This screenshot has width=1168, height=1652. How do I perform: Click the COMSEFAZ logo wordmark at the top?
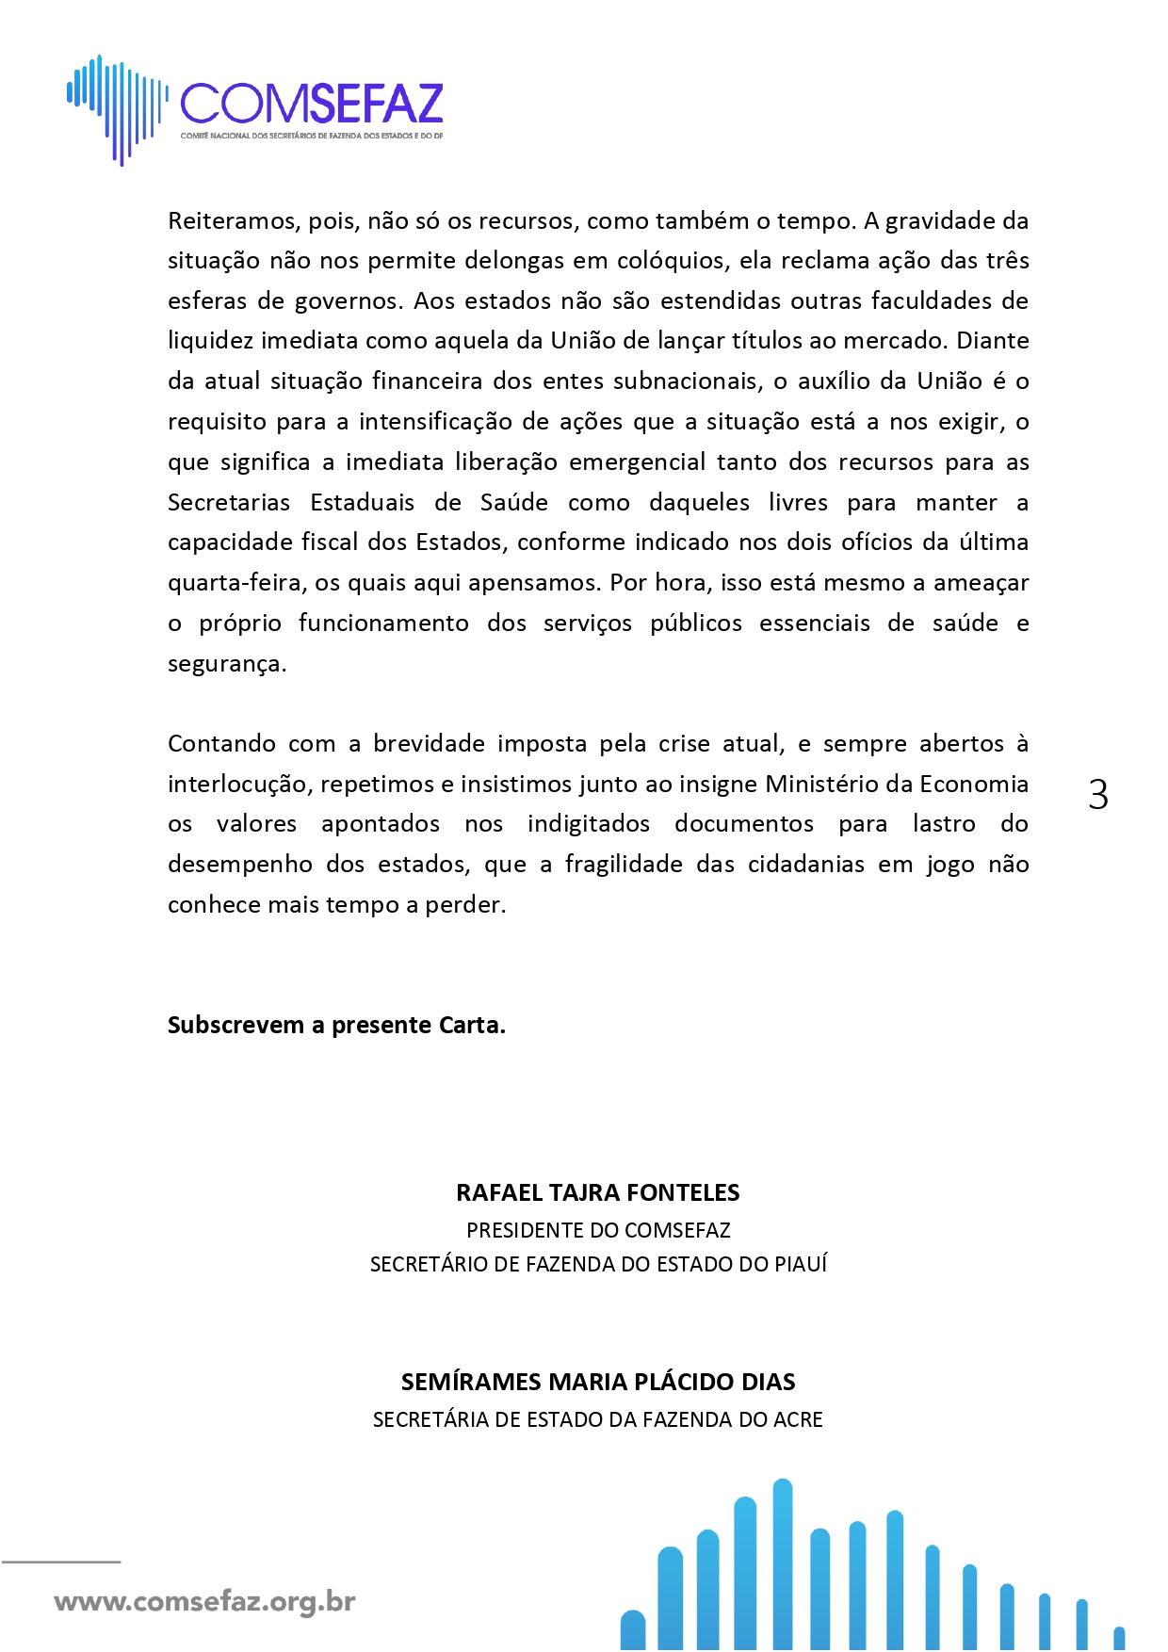pyautogui.click(x=311, y=104)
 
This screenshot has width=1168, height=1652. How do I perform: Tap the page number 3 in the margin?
pyautogui.click(x=1098, y=795)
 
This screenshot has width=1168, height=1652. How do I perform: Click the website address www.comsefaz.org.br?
pyautogui.click(x=204, y=1602)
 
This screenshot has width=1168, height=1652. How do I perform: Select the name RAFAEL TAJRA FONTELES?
pyautogui.click(x=597, y=1192)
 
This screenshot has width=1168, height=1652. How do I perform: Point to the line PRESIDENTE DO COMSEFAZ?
pyautogui.click(x=597, y=1230)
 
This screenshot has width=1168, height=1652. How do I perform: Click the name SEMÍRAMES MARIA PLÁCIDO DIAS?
pyautogui.click(x=597, y=1382)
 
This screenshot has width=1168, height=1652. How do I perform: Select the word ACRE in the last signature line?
pyautogui.click(x=798, y=1419)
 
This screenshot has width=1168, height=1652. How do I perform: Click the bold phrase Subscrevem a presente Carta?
pyautogui.click(x=336, y=1025)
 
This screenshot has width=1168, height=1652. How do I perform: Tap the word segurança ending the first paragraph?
pyautogui.click(x=226, y=664)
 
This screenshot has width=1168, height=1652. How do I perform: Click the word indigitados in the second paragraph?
pyautogui.click(x=588, y=824)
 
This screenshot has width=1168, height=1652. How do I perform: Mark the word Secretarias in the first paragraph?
pyautogui.click(x=229, y=502)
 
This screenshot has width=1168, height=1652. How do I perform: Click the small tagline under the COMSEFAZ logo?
pyautogui.click(x=311, y=136)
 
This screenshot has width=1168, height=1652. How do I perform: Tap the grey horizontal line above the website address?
pyautogui.click(x=61, y=1562)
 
